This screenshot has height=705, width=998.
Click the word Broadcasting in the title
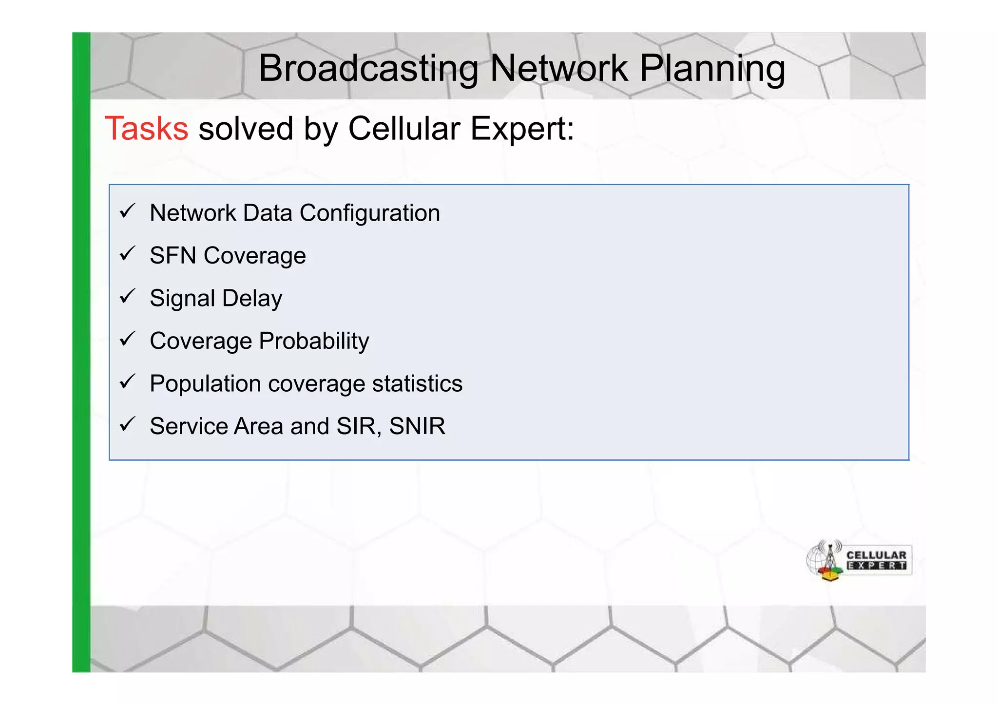click(x=368, y=68)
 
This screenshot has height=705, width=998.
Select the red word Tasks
click(x=146, y=129)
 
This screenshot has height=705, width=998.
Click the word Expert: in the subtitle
click(x=522, y=129)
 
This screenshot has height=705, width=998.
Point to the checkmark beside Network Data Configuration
click(x=127, y=211)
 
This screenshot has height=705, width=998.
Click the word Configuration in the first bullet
click(x=369, y=213)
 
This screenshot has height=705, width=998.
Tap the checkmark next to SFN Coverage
click(x=127, y=254)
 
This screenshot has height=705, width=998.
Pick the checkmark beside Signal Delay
click(x=127, y=296)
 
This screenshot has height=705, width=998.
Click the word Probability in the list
click(x=314, y=341)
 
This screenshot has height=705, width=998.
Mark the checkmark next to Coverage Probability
click(x=127, y=339)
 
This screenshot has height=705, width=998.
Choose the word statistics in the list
click(x=417, y=383)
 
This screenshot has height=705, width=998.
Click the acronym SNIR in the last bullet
click(x=417, y=426)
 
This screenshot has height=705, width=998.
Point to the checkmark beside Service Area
click(x=127, y=424)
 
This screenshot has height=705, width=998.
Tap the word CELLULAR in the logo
click(x=876, y=555)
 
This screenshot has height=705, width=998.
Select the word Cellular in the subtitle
click(x=404, y=129)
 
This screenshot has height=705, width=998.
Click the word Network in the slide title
click(x=558, y=68)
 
